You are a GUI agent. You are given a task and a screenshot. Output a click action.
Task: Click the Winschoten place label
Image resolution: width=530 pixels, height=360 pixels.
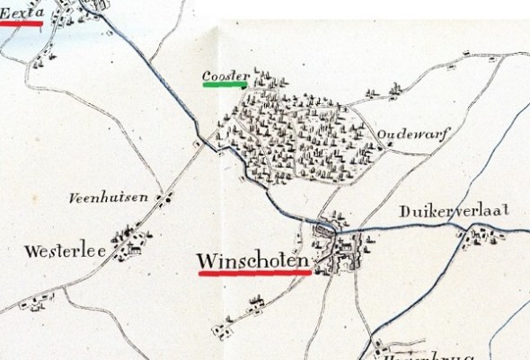click(252, 261)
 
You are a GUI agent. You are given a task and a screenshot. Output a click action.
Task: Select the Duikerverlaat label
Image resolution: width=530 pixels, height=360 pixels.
click(455, 212)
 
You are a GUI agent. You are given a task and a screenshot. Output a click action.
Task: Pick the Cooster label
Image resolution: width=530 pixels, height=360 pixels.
click(224, 75)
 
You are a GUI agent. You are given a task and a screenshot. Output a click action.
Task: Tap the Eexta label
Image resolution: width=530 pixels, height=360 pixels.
click(22, 12)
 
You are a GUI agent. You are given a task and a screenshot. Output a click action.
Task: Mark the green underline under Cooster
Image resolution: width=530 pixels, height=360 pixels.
click(225, 86)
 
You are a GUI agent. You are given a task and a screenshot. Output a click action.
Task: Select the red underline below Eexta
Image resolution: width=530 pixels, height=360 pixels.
click(20, 24)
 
